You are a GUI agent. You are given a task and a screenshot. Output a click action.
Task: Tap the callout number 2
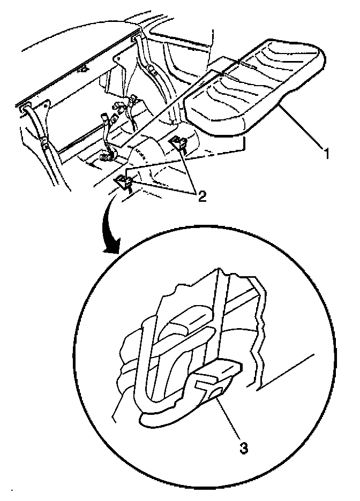(201, 196)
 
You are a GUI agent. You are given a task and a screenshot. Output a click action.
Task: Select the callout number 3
(244, 449)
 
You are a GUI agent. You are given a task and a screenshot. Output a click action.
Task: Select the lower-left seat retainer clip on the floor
(124, 183)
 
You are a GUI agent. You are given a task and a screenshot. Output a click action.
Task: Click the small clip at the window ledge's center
(83, 69)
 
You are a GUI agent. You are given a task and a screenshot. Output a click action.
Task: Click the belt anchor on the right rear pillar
(150, 70)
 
